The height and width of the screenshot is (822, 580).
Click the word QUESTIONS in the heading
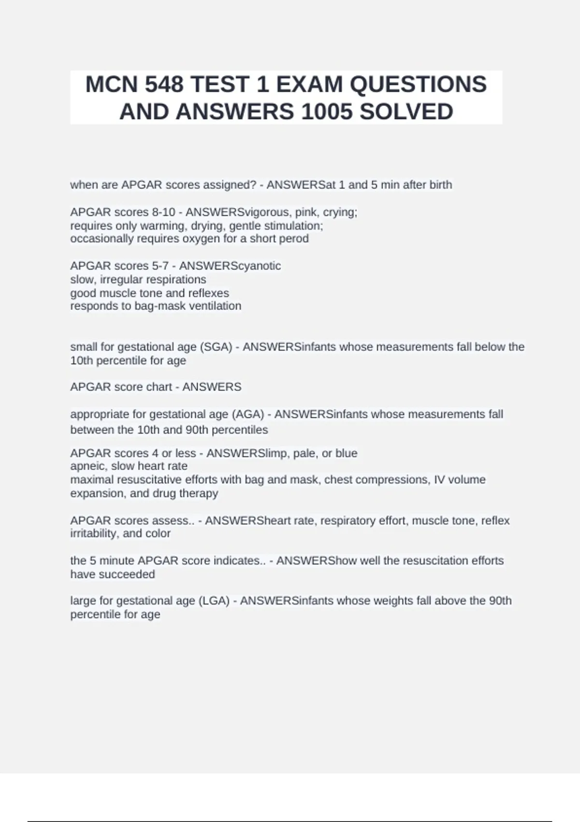[418, 85]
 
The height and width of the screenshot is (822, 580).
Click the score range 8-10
[163, 212]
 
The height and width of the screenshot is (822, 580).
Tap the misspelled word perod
[294, 239]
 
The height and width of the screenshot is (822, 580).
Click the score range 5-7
[160, 266]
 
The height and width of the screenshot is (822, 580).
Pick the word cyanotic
[257, 266]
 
